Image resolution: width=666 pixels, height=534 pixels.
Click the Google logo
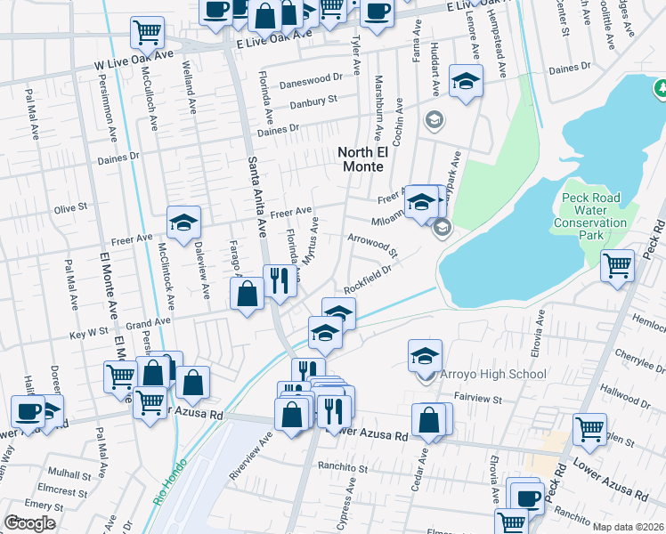pyautogui.click(x=29, y=522)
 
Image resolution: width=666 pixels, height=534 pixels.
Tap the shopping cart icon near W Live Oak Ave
pyautogui.click(x=148, y=32)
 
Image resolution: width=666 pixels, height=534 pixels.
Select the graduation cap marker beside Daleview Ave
pyautogui.click(x=183, y=222)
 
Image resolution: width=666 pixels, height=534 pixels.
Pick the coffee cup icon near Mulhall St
pyautogui.click(x=28, y=411)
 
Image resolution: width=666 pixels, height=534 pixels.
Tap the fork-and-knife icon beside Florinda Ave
pyautogui.click(x=280, y=280)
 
